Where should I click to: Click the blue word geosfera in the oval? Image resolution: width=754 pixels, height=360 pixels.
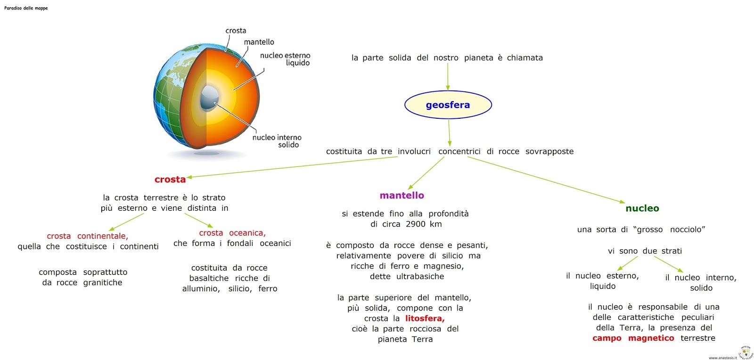[x=448, y=105]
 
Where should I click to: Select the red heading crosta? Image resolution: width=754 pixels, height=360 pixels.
[x=170, y=180]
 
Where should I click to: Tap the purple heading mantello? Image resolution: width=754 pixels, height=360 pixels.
[x=402, y=196]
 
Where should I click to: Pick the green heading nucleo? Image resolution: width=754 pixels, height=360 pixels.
[x=642, y=208]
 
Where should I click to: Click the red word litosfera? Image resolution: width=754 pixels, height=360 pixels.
[x=425, y=319]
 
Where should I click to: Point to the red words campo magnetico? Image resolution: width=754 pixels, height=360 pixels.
[x=633, y=338]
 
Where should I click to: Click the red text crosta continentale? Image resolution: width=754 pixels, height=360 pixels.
[x=87, y=236]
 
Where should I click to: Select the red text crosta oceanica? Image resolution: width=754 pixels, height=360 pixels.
[x=232, y=233]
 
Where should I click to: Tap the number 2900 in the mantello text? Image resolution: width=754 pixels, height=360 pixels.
[x=415, y=224]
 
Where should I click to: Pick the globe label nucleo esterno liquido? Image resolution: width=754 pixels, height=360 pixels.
[x=285, y=59]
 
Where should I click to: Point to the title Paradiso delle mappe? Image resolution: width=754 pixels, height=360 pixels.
[x=26, y=8]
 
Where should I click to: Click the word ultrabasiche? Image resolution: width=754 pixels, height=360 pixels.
[x=420, y=277]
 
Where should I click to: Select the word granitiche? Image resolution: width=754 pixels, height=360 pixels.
[x=102, y=283]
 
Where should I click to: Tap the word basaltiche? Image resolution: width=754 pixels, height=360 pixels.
[x=209, y=278]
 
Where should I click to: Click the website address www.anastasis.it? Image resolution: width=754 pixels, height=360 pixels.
[x=722, y=358]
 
